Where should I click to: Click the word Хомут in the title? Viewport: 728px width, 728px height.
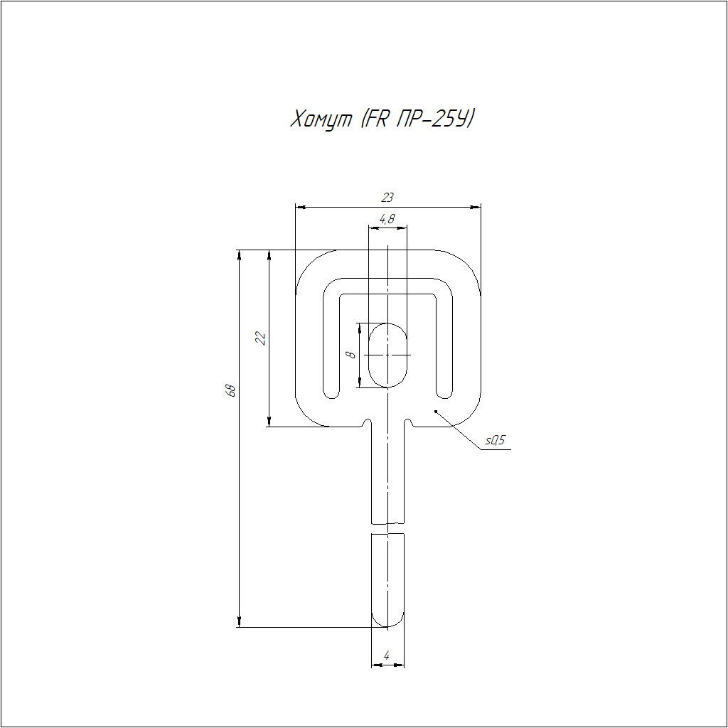pos(321,119)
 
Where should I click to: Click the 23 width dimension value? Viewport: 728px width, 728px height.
pos(387,198)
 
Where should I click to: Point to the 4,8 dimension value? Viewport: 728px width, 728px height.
pos(387,219)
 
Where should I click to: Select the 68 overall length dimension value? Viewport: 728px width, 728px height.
pos(230,390)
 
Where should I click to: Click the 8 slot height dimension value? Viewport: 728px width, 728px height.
pos(351,355)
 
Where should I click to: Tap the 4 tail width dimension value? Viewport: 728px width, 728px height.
pos(387,655)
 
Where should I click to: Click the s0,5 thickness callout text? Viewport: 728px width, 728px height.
pos(495,440)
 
